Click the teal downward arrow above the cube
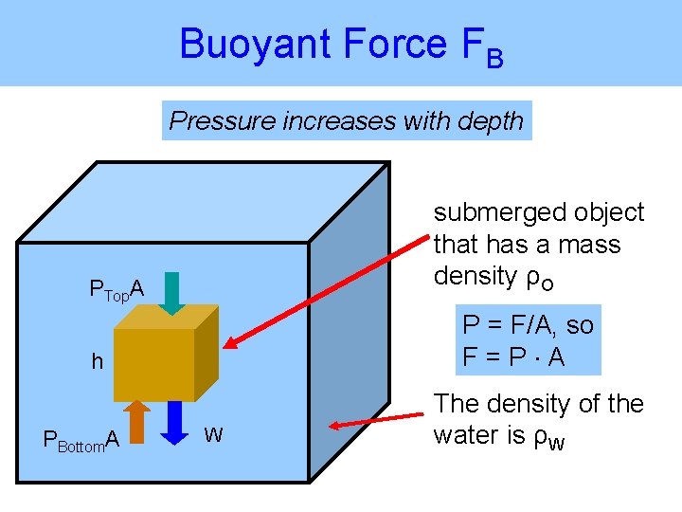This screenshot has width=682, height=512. point(170,292)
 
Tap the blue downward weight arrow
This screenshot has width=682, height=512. point(175,421)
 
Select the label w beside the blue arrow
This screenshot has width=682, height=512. point(214,435)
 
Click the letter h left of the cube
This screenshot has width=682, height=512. point(97,361)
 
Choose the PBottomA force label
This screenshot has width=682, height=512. point(81,440)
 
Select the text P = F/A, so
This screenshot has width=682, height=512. point(528,325)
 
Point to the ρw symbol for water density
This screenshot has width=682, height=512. point(551,437)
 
